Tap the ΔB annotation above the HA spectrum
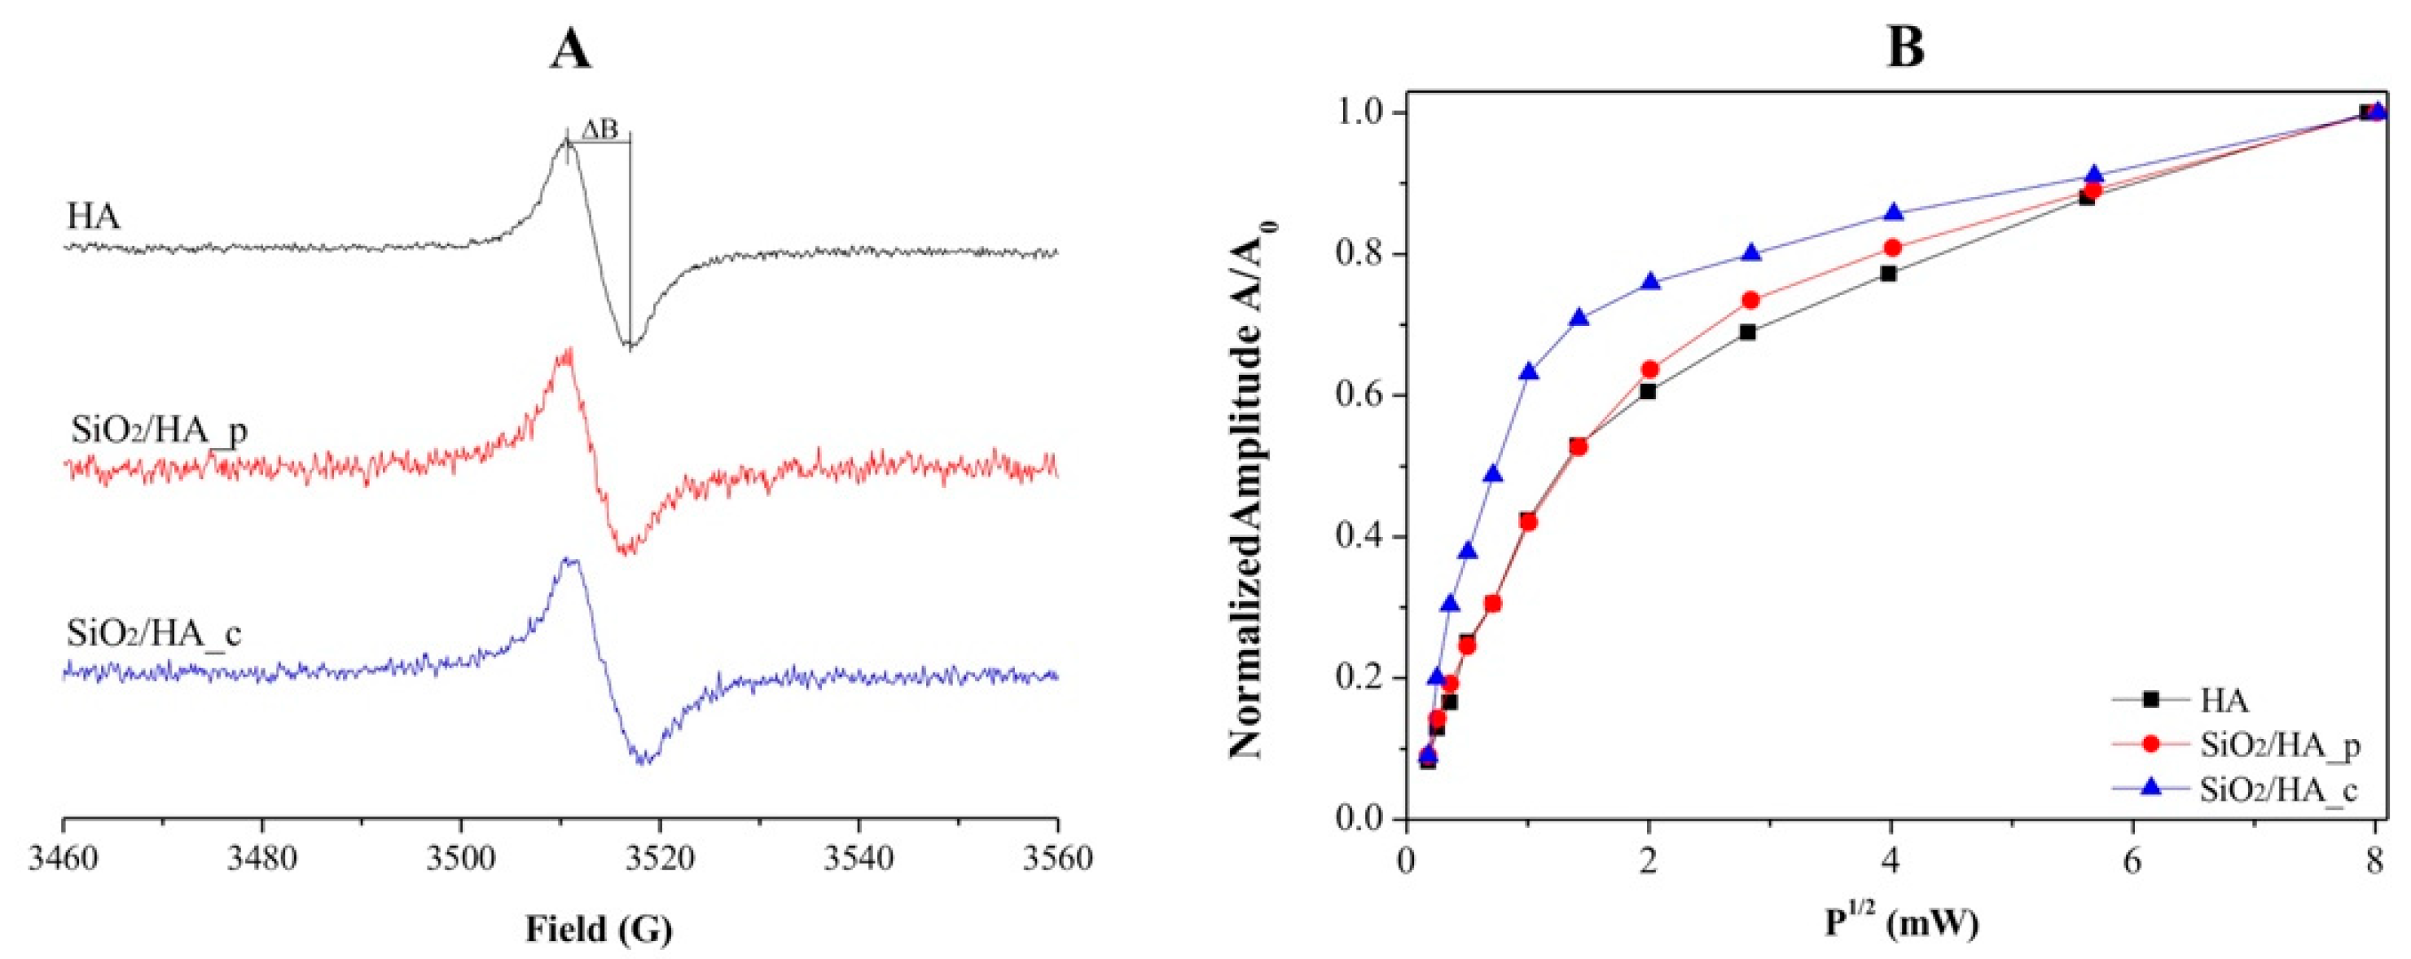600,130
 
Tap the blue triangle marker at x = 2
1650,282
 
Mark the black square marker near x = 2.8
1746,332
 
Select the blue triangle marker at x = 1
1528,371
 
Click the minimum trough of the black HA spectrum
630,347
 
